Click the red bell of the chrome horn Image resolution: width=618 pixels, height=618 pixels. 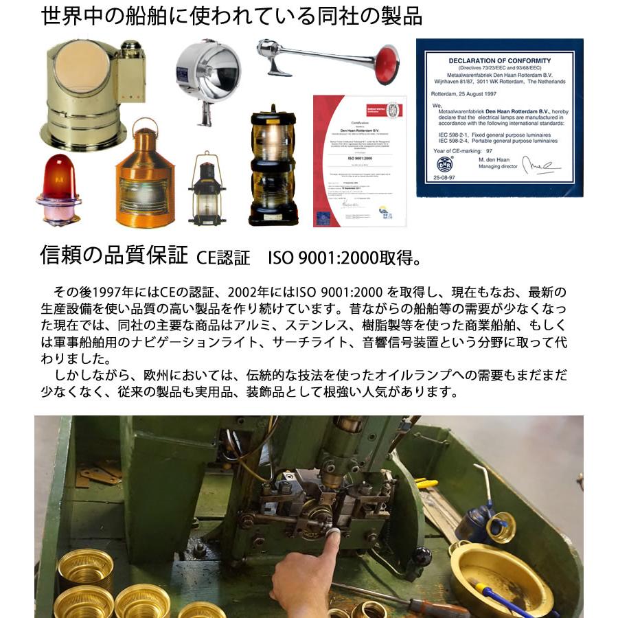pos(387,64)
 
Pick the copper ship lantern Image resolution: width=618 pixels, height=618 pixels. pos(145,179)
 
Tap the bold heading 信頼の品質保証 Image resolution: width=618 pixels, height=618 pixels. pos(114,255)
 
